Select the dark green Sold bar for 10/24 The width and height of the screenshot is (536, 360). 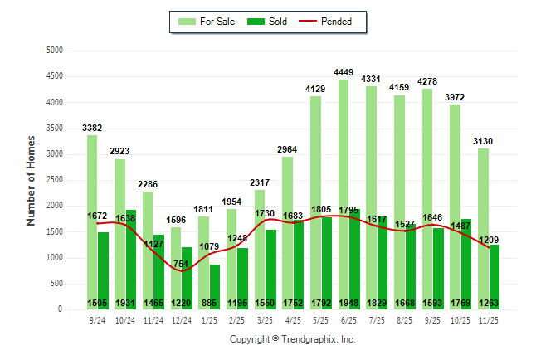(x=131, y=249)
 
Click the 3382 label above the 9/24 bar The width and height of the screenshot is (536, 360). (x=92, y=128)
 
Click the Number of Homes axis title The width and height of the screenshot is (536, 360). (x=31, y=180)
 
